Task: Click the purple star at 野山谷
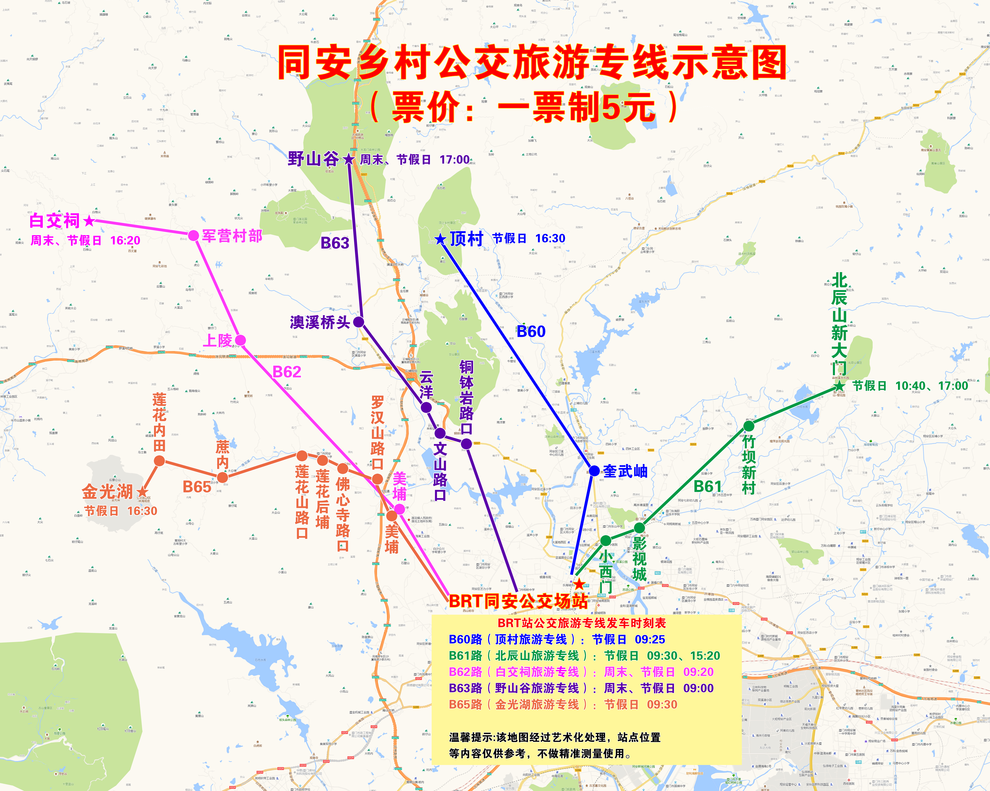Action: point(349,159)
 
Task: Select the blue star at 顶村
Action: point(440,239)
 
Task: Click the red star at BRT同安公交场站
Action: point(580,584)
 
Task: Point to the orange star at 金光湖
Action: point(143,492)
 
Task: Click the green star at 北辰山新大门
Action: point(839,386)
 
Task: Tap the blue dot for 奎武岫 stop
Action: point(594,471)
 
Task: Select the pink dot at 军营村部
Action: point(194,236)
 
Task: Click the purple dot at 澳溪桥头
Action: point(359,322)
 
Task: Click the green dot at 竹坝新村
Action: point(749,426)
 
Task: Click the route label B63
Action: point(335,243)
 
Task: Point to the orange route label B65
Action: point(197,487)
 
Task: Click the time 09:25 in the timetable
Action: point(650,640)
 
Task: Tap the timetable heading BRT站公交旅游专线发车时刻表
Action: point(582,623)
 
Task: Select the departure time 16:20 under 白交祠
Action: point(125,241)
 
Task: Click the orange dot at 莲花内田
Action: point(159,460)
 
